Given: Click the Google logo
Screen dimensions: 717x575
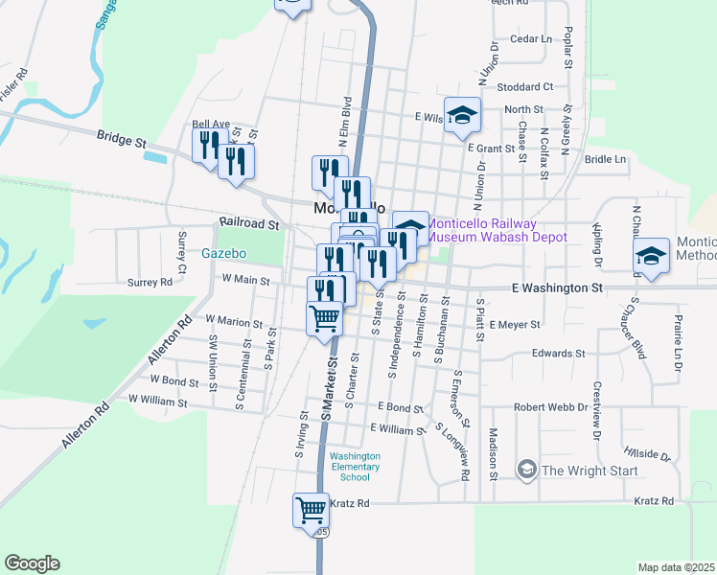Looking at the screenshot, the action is click(32, 563).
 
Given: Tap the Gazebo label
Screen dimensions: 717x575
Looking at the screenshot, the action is click(224, 254).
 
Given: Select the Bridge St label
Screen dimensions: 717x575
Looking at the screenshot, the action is click(121, 139).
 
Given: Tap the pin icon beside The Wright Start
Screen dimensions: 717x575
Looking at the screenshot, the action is click(526, 470).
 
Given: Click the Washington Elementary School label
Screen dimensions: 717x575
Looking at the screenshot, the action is click(355, 467).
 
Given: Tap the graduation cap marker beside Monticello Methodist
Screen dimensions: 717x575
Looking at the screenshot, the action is click(651, 256).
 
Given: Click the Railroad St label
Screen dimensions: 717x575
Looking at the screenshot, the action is click(248, 224).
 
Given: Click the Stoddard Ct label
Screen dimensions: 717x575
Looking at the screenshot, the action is click(525, 86).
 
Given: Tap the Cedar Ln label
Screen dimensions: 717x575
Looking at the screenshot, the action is click(533, 39).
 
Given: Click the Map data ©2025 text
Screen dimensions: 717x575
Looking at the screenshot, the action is click(676, 567).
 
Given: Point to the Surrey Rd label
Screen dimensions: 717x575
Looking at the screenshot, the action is click(150, 282).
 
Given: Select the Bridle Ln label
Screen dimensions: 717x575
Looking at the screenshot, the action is click(604, 159).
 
